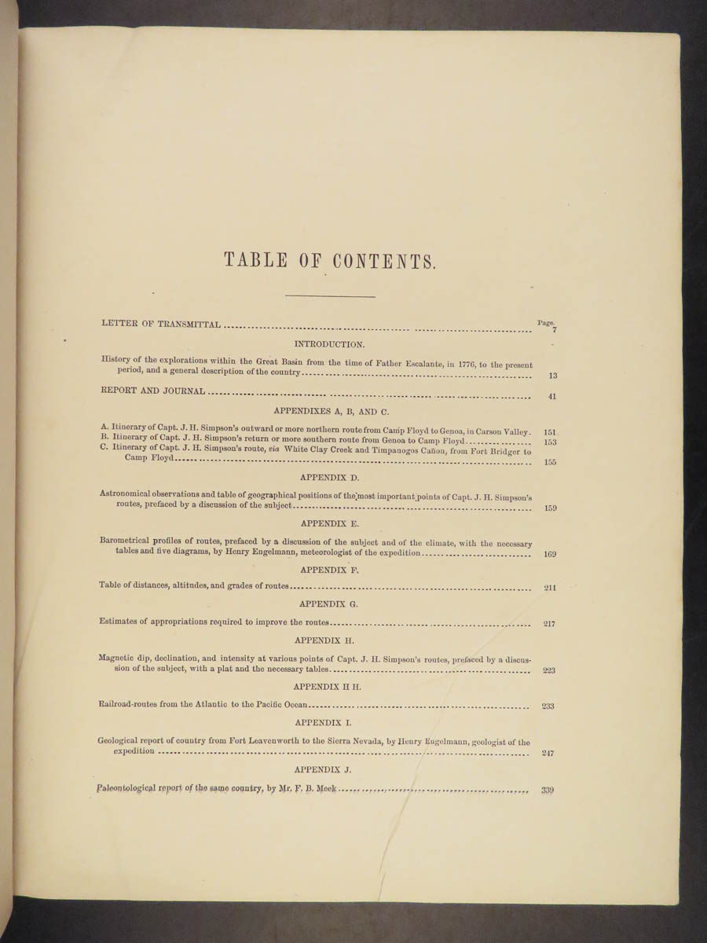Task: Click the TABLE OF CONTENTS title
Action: pos(330,261)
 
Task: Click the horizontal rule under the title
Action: pos(330,296)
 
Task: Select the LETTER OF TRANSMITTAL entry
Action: pos(161,324)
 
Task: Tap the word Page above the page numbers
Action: pos(546,322)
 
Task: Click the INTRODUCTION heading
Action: pos(329,344)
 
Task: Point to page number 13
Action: pos(553,376)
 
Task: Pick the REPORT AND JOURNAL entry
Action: pos(153,391)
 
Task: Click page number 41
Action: pos(552,397)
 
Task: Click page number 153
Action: pos(550,442)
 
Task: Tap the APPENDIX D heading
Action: pos(330,477)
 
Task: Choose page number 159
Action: pos(550,508)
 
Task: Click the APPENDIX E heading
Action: pos(330,523)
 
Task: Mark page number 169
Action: pos(550,555)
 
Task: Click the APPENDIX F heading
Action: pos(330,571)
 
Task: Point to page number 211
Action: pos(550,588)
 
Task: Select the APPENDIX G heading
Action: pos(330,604)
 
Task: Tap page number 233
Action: pos(548,706)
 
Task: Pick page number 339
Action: pos(548,791)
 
